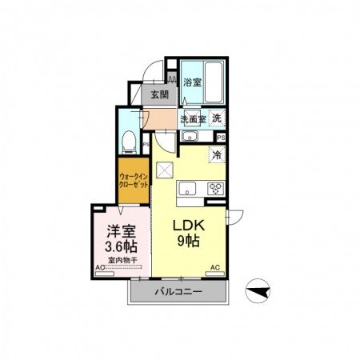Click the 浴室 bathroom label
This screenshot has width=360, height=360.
(x=192, y=82)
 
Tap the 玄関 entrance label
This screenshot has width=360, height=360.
(x=159, y=94)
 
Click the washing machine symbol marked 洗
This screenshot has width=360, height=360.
(x=218, y=118)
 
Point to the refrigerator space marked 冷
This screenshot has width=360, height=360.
(x=217, y=155)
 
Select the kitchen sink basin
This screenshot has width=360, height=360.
(x=187, y=189)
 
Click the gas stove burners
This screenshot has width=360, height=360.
(x=214, y=189)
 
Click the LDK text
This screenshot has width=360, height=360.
(x=190, y=226)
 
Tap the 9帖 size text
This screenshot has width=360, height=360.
(x=190, y=241)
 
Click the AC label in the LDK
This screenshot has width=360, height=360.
(x=214, y=267)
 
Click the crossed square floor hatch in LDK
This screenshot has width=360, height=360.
(x=165, y=170)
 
